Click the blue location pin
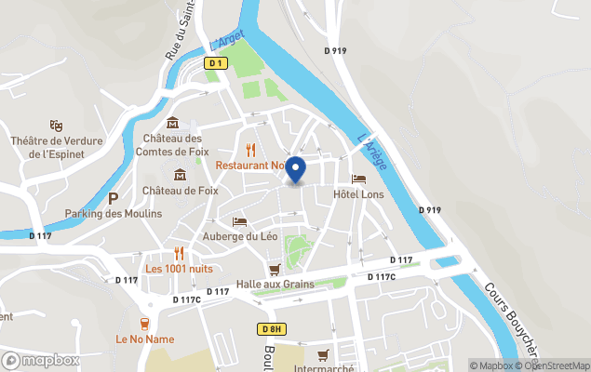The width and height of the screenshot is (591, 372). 295,169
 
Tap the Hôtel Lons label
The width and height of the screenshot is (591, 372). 359,193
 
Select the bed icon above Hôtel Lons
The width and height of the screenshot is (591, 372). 358,179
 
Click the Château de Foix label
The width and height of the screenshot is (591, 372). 180,191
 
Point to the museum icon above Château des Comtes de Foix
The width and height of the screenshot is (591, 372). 172,123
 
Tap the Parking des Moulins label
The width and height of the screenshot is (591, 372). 113,213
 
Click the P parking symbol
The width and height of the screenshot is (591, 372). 114,198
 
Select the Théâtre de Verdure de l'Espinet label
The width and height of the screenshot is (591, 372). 55,147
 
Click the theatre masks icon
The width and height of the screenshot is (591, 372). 56,126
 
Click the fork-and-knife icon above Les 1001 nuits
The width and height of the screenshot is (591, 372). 178,253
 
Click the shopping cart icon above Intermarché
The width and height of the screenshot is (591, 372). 322,354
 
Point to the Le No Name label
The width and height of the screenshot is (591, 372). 144,339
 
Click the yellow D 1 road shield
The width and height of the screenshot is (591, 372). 216,62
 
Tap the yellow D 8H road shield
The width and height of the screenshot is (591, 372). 271,329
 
